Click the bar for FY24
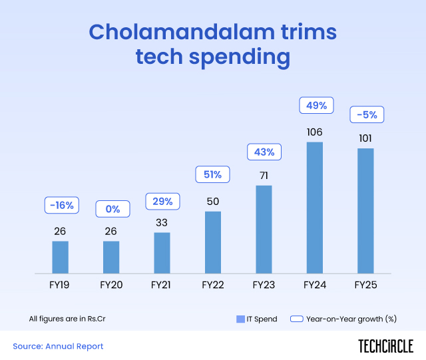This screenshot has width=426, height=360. pyautogui.click(x=314, y=208)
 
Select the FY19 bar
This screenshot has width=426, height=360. pyautogui.click(x=61, y=257)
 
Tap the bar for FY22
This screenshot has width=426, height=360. pyautogui.click(x=213, y=242)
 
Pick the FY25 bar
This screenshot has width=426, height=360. pyautogui.click(x=365, y=210)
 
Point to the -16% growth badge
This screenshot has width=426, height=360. pyautogui.click(x=61, y=205)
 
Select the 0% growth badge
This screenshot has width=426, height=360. pyautogui.click(x=112, y=208)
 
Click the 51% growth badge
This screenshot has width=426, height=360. pyautogui.click(x=213, y=175)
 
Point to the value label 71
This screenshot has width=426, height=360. pyautogui.click(x=264, y=175)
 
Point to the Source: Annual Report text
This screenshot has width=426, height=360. pyautogui.click(x=58, y=346)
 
